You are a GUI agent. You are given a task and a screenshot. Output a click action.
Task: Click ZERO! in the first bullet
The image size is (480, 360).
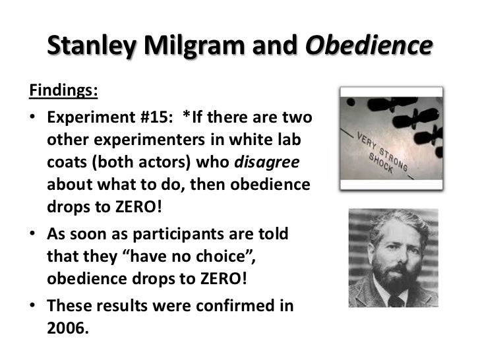point(134,208)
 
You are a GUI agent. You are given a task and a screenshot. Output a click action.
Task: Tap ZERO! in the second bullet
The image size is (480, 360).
point(224,278)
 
